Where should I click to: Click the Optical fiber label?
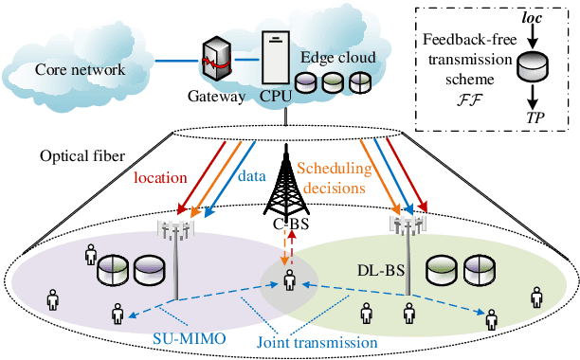pos(78,153)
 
